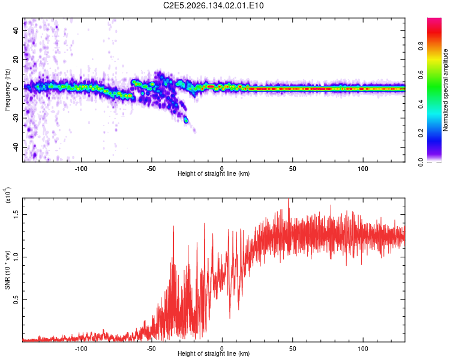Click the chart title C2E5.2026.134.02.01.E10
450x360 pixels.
click(x=213, y=5)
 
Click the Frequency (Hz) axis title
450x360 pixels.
click(x=7, y=90)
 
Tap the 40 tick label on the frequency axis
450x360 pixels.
click(x=16, y=30)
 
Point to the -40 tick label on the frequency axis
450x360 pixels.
click(x=16, y=148)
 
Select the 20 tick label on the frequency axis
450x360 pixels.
click(x=16, y=59)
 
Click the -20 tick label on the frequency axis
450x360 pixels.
click(x=16, y=118)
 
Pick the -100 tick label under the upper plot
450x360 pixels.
click(x=81, y=169)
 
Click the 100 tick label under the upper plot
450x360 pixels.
click(x=363, y=169)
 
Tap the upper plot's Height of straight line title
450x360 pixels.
click(x=214, y=173)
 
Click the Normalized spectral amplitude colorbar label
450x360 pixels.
click(x=445, y=90)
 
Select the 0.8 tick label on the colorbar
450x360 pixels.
click(x=421, y=46)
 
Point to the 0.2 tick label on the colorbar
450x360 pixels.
click(x=421, y=133)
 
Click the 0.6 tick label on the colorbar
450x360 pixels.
click(x=421, y=75)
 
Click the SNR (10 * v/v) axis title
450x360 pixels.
click(x=7, y=270)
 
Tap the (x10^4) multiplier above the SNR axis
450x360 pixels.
click(x=8, y=195)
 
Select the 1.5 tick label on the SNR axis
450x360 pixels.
click(x=16, y=214)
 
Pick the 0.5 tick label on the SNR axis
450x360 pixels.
click(x=16, y=299)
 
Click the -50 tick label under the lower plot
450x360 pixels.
click(x=151, y=349)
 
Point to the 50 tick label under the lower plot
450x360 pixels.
click(x=292, y=349)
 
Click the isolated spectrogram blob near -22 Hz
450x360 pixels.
click(x=186, y=120)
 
